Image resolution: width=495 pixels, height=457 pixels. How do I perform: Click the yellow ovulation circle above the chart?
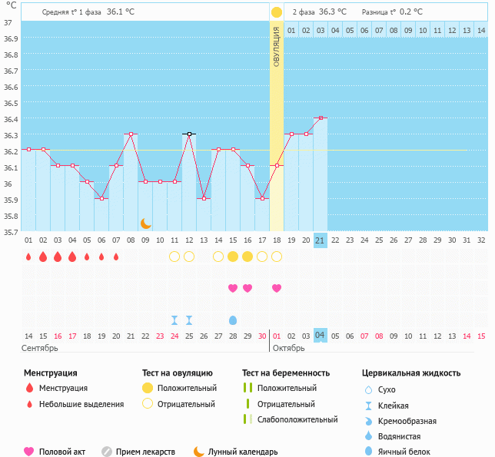276,12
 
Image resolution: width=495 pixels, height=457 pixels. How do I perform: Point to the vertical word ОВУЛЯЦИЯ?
277,46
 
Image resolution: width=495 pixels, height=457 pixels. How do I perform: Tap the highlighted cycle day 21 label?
321,240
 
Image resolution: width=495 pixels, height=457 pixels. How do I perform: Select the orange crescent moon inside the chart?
145,223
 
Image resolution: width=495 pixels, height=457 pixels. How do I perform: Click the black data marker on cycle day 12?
189,134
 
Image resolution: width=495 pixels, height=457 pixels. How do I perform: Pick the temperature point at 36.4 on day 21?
321,118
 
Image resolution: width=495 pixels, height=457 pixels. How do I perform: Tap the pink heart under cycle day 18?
277,288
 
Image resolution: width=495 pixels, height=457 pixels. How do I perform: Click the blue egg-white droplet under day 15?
233,320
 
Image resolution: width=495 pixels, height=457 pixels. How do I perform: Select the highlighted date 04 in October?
321,336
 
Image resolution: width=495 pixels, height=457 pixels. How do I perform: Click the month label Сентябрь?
40,348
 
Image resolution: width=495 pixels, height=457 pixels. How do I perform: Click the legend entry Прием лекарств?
145,452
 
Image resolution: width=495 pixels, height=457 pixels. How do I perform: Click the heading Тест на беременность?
285,373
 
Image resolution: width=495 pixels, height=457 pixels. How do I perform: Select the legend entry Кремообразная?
410,421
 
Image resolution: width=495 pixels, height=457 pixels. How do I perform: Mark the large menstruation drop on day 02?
43,257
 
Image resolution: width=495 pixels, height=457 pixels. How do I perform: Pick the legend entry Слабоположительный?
297,419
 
